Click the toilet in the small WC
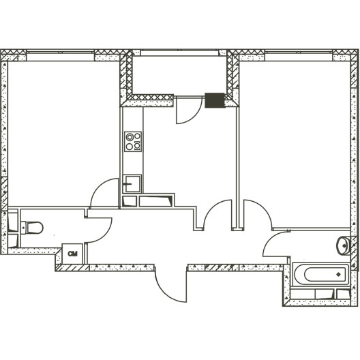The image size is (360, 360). point(31,228)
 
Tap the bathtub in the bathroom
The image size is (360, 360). point(321,274)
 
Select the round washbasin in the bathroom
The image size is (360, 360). point(344,245)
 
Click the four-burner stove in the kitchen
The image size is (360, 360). point(133,141)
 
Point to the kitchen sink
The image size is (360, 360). point(132,183)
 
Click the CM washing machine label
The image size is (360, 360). point(72,254)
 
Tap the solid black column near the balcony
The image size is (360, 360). point(215,100)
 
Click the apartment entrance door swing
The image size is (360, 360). point(171,286)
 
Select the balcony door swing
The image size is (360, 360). point(189,110)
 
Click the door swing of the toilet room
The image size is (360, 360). point(99,230)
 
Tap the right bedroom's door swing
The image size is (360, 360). point(258,214)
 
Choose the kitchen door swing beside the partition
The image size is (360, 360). point(217,214)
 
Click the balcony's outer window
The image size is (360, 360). point(179,52)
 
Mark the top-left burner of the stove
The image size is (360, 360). point(130,137)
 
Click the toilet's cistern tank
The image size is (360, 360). point(23,228)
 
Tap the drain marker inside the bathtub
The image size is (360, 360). point(338,274)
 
